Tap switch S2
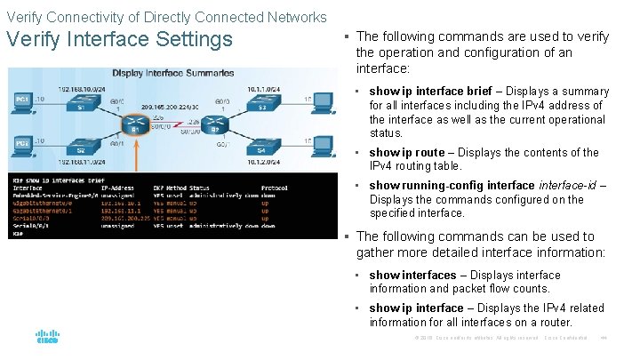coord(80,151)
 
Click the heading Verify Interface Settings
coord(119,40)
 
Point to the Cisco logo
coord(47,338)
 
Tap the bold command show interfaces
coord(412,276)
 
